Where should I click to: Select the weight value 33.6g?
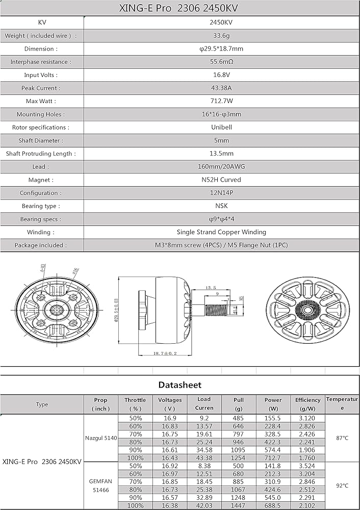[221, 36]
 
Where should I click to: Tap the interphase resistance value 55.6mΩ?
[221, 62]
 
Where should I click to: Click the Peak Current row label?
[41, 88]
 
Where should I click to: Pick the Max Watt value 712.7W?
[221, 101]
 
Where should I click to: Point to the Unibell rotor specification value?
[221, 127]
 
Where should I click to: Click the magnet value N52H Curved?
[221, 180]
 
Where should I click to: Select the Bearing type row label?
[41, 206]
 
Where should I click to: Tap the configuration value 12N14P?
[221, 193]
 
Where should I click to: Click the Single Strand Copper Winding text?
[221, 232]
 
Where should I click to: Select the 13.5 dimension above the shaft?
[210, 288]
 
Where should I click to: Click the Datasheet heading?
[179, 385]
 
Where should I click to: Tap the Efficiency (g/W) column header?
[307, 404]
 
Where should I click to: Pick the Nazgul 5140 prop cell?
[101, 438]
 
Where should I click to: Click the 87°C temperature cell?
[342, 438]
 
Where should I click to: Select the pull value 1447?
[239, 505]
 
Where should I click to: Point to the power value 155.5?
[273, 418]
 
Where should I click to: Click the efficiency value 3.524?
[307, 466]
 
